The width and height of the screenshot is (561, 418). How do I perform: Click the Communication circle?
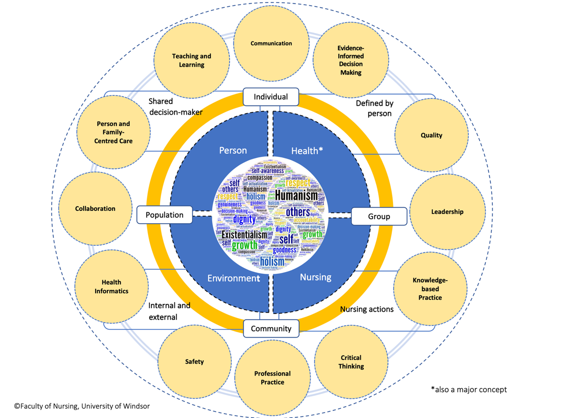(x=271, y=43)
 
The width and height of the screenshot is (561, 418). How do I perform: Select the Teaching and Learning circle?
(x=192, y=60)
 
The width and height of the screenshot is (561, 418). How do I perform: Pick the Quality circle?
(x=431, y=135)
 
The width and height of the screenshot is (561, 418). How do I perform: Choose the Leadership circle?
(x=447, y=212)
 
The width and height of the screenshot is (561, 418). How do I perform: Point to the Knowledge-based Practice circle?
(x=430, y=289)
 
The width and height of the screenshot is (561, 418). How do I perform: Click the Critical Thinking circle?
(x=351, y=362)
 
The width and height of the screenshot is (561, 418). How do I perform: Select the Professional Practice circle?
(x=272, y=378)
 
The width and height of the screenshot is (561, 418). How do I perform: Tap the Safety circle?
(x=195, y=361)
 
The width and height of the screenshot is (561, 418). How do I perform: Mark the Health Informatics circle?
(x=111, y=287)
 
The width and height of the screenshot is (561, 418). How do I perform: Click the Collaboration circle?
(x=95, y=208)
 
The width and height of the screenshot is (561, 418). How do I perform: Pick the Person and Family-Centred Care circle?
(x=113, y=132)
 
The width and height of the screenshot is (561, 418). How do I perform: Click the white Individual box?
(x=271, y=97)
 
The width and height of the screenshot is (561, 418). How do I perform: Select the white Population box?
(x=164, y=215)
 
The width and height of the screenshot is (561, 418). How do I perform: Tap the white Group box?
(x=379, y=216)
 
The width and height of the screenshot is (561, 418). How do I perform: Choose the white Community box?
(x=271, y=329)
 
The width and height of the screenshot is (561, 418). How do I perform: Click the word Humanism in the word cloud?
(x=296, y=196)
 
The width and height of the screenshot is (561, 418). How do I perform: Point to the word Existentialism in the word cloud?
(x=244, y=235)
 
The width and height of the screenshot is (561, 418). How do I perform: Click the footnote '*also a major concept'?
(x=469, y=389)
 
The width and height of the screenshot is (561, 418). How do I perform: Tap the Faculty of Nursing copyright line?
(x=82, y=406)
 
